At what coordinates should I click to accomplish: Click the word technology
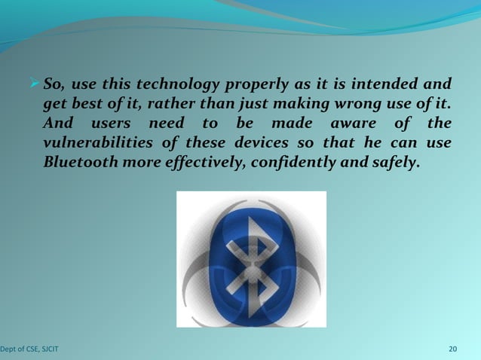click(169, 83)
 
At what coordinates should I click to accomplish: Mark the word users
click(112, 122)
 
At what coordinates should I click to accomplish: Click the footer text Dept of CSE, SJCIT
click(30, 349)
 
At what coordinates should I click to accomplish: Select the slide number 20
click(452, 349)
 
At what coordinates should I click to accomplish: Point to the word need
click(167, 122)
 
